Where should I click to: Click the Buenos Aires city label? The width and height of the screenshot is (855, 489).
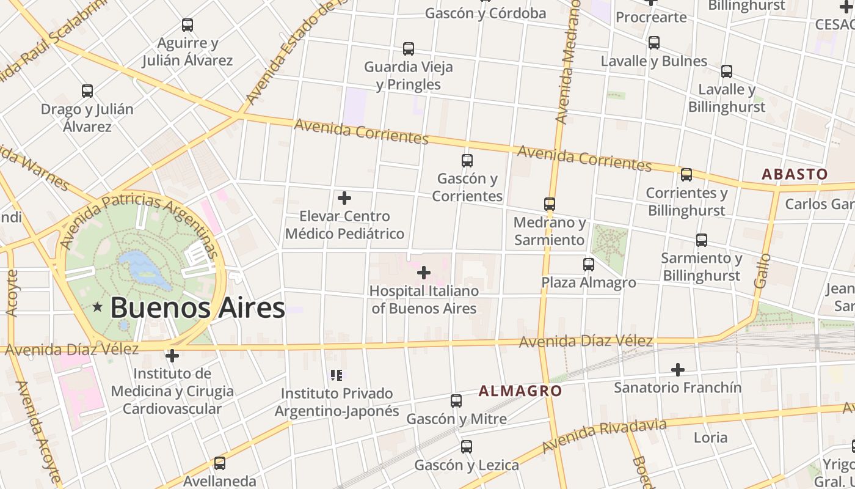197,307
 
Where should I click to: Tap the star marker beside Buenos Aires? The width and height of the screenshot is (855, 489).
97,307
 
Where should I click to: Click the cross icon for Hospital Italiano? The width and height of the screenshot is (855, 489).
424,272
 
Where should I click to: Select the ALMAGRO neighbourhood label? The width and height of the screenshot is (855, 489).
520,391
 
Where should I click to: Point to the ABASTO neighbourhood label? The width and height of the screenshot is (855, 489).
795,174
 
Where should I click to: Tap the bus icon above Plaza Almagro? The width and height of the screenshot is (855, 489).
589,265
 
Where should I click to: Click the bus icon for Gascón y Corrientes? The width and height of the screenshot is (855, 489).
467,161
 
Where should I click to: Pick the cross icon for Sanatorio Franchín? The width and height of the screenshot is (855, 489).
677,370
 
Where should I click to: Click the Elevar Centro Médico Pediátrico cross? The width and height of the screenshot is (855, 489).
344,198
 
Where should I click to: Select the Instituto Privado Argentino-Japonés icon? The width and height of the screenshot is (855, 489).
337,375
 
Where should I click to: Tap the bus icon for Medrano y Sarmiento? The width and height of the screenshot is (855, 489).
550,204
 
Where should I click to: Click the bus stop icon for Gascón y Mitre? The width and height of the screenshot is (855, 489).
456,401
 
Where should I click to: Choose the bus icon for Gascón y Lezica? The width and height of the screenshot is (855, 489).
467,447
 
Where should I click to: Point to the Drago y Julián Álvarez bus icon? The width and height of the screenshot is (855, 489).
87,91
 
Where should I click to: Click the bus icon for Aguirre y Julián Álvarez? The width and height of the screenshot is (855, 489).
187,25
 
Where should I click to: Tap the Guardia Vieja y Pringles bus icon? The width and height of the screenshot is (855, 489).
409,49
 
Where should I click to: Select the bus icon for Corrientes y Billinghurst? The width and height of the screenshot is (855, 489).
686,175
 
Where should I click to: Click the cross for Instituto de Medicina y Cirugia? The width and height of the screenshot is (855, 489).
172,355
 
